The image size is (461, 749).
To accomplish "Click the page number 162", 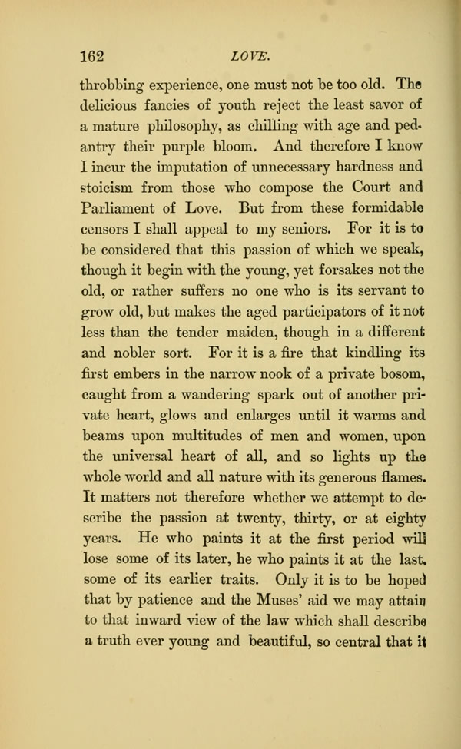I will coord(95,55).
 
